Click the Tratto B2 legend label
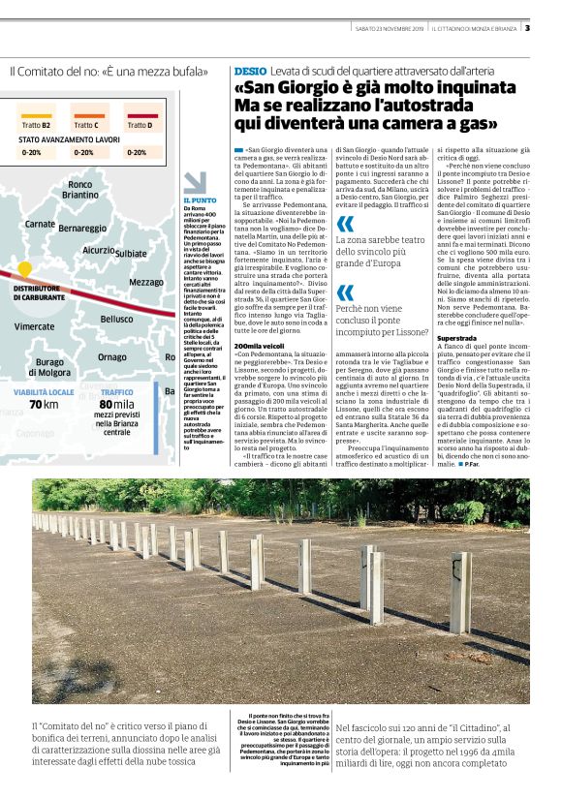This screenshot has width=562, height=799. pos(37,125)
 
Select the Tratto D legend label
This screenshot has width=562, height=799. pos(140,125)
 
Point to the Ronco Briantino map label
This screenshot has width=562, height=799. pos(80,189)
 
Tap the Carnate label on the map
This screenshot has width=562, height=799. pos(40,224)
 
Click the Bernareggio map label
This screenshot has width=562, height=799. pos(82,229)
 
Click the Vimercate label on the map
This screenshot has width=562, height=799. pos(34,326)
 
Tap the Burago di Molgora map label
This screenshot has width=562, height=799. pos(49,367)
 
